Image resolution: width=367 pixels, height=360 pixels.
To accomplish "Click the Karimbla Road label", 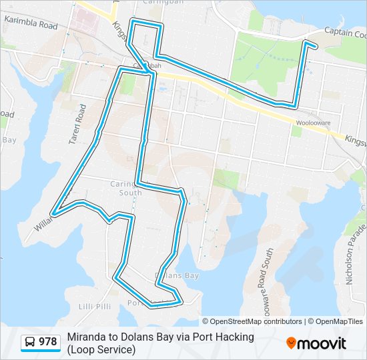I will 31,23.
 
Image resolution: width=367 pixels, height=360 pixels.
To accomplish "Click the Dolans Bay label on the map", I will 176,275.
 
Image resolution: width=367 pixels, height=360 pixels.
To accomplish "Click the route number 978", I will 47,342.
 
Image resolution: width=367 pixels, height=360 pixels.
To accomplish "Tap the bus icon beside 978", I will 30,343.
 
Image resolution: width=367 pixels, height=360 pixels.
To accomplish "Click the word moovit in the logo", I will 321,343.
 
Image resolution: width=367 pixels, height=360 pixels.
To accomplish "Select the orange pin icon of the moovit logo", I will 291,343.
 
